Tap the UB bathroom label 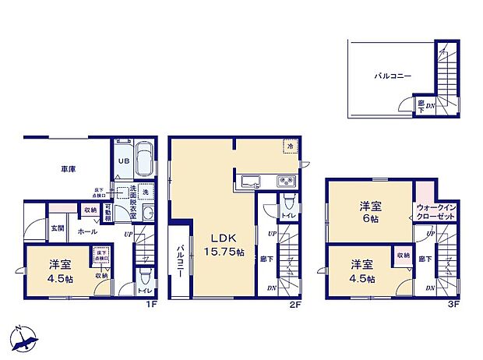[122, 161]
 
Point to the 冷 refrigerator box [289, 146]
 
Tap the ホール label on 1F [87, 231]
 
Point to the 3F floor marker [451, 303]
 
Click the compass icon [25, 337]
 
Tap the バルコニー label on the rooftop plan [392, 76]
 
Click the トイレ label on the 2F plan [287, 215]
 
